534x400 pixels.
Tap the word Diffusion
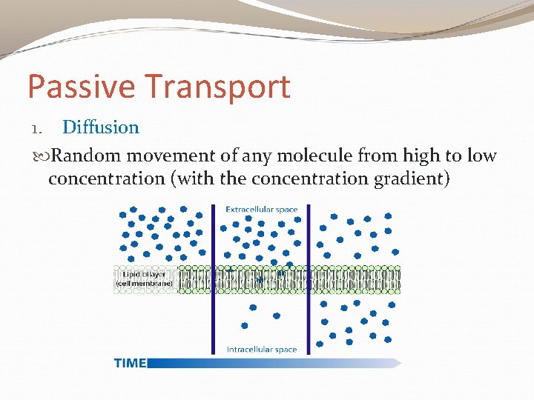101,127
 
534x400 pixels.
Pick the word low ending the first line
481,156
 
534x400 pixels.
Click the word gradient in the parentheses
409,179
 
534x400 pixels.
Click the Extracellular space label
261,210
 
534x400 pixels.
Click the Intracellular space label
261,350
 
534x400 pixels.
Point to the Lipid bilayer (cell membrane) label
145,278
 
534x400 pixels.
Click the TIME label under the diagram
130,363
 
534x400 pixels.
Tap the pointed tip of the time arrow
400,363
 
